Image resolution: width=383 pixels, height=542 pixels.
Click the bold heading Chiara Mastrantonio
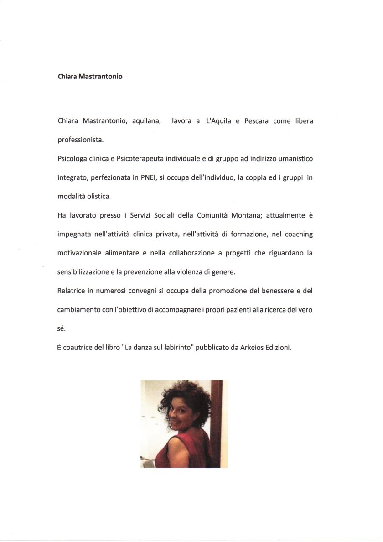pyautogui.click(x=90, y=77)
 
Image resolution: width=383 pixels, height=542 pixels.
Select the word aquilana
pyautogui.click(x=147, y=121)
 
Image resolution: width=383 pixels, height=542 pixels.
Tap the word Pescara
pyautogui.click(x=256, y=121)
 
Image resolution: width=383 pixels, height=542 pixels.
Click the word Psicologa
pyautogui.click(x=73, y=159)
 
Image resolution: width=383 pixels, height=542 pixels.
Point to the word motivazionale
pyautogui.click(x=80, y=253)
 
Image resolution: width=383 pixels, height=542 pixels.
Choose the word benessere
pyautogui.click(x=267, y=291)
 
